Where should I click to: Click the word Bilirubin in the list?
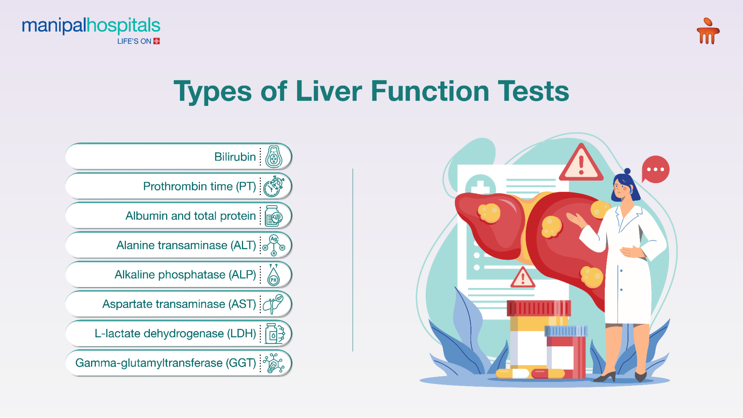click(235, 157)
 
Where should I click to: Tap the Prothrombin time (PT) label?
click(200, 186)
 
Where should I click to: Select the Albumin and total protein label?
click(190, 216)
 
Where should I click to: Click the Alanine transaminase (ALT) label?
click(186, 245)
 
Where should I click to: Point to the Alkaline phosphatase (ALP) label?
click(185, 275)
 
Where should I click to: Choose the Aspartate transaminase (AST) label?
click(179, 304)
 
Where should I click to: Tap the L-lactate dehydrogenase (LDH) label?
click(175, 334)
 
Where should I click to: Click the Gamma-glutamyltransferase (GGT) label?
click(165, 363)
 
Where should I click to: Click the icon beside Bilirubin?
click(274, 156)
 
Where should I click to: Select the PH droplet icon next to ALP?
click(274, 275)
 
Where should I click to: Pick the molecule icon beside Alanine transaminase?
click(274, 245)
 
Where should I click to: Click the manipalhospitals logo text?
click(91, 26)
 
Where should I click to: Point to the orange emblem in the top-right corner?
click(708, 31)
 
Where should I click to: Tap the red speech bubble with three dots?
click(655, 169)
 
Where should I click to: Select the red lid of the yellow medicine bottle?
click(539, 308)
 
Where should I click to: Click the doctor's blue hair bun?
click(627, 171)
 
